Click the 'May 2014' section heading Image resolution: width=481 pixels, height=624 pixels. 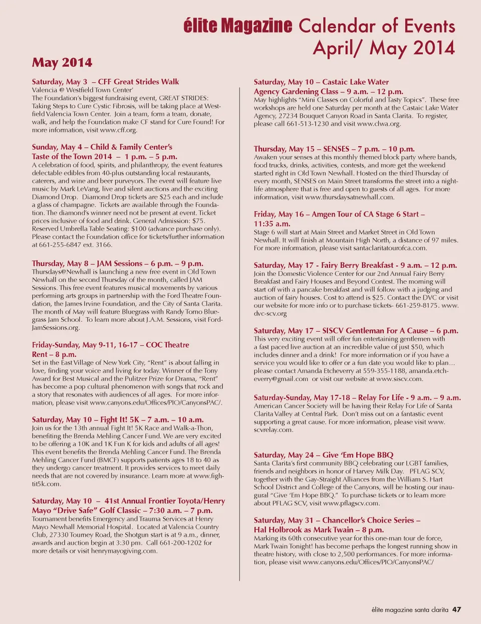coord(62,63)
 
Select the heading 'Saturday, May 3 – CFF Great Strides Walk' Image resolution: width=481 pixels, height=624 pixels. coord(105,82)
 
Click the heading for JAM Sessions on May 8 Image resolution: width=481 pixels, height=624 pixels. coord(117,264)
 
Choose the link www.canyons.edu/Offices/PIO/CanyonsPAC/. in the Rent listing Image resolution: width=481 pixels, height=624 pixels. coord(156,403)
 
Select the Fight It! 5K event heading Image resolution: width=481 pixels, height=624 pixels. coord(118,420)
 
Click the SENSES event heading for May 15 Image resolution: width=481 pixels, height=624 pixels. coord(334,149)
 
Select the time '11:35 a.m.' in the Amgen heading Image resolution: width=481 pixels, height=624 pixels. coord(272,224)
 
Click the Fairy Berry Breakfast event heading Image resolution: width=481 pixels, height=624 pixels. coord(355,265)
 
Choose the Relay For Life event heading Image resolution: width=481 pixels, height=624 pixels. coord(357,397)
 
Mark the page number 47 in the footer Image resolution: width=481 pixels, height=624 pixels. coord(456,609)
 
